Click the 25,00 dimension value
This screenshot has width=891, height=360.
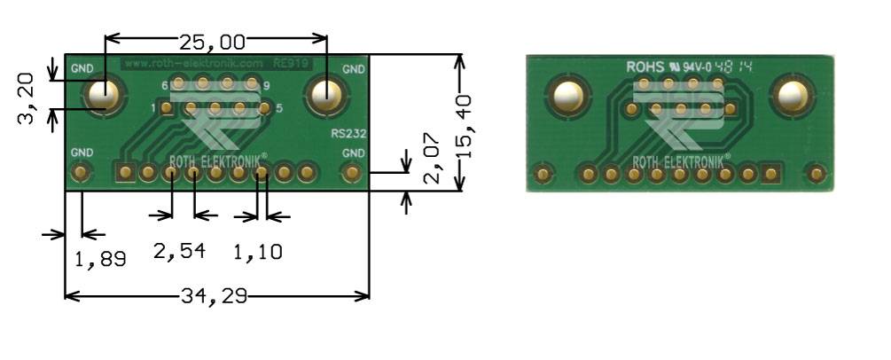(212, 41)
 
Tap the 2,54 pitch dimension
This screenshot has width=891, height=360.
(180, 252)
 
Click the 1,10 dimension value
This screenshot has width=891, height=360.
(257, 252)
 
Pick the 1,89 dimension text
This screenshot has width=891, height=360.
(99, 260)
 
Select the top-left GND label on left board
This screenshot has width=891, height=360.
(82, 68)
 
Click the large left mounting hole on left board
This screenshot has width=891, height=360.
(103, 93)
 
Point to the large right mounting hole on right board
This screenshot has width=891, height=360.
(788, 95)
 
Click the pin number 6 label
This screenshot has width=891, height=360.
(165, 85)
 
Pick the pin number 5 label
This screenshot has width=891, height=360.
(279, 109)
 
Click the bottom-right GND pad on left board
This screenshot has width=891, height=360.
(352, 172)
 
